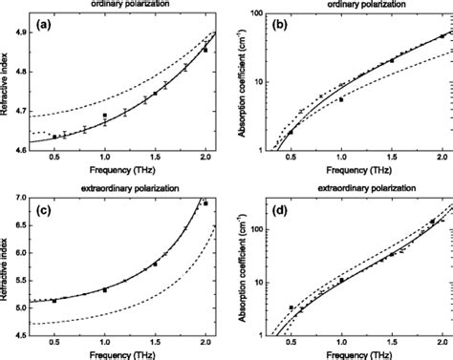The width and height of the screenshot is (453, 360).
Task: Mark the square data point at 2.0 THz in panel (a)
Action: [205, 49]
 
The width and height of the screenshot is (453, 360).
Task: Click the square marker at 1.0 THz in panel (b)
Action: [341, 98]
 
